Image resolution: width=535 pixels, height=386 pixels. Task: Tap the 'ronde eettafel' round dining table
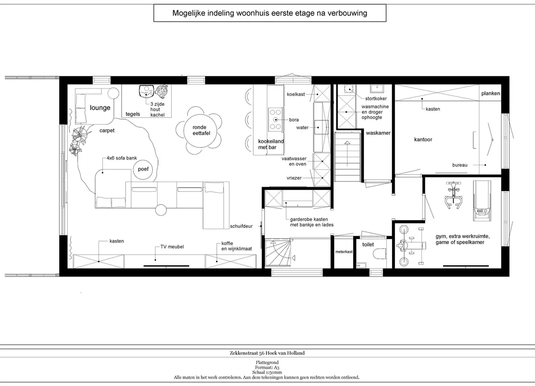coord(201,130)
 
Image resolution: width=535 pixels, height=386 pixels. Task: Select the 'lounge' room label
coord(100,108)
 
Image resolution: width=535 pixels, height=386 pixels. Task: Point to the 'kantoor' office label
coord(423,139)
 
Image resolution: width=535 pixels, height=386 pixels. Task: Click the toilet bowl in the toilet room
coord(380,254)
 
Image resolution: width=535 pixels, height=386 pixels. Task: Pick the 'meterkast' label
coord(344,252)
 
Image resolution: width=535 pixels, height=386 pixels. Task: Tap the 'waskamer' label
coord(378,133)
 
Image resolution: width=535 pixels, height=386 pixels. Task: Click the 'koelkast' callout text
coord(296,95)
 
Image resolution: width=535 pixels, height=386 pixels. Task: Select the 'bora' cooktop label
coord(294,120)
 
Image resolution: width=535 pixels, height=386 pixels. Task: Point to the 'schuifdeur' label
coord(241,226)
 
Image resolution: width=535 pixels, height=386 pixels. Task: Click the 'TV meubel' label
coord(172,247)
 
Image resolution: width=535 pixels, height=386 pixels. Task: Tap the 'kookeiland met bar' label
coord(271,144)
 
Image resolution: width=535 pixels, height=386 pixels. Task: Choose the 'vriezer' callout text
coord(294,178)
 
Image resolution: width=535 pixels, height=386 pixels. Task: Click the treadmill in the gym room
coord(482,201)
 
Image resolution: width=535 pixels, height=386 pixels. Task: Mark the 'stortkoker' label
coord(376,98)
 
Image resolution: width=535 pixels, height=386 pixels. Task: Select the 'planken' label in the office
coord(491,93)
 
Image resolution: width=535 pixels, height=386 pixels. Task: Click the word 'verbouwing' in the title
coord(347,13)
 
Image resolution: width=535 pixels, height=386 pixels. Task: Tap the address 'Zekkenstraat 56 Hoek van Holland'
coord(267,353)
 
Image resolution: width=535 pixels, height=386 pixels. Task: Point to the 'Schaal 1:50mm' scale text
coord(267,372)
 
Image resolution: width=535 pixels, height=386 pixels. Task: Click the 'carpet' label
coord(107,131)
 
